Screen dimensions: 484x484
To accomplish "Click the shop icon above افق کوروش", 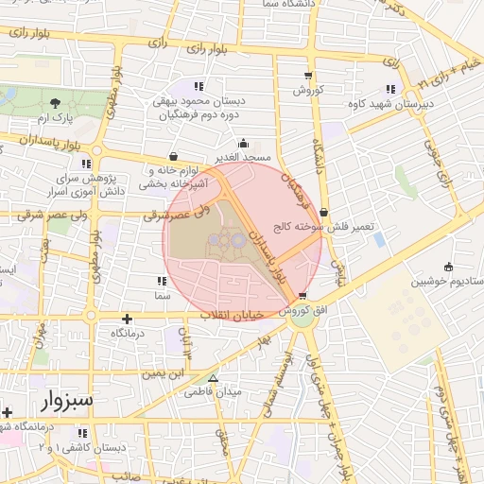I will point(302,297).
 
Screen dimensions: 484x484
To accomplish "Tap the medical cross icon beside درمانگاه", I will point(127,319).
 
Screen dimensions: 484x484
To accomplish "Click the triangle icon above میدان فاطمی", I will point(213,377).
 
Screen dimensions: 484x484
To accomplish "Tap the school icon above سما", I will point(159,281).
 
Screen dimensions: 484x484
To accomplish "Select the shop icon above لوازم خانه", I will point(172,157).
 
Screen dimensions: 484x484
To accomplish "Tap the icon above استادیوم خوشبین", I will point(447,267).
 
